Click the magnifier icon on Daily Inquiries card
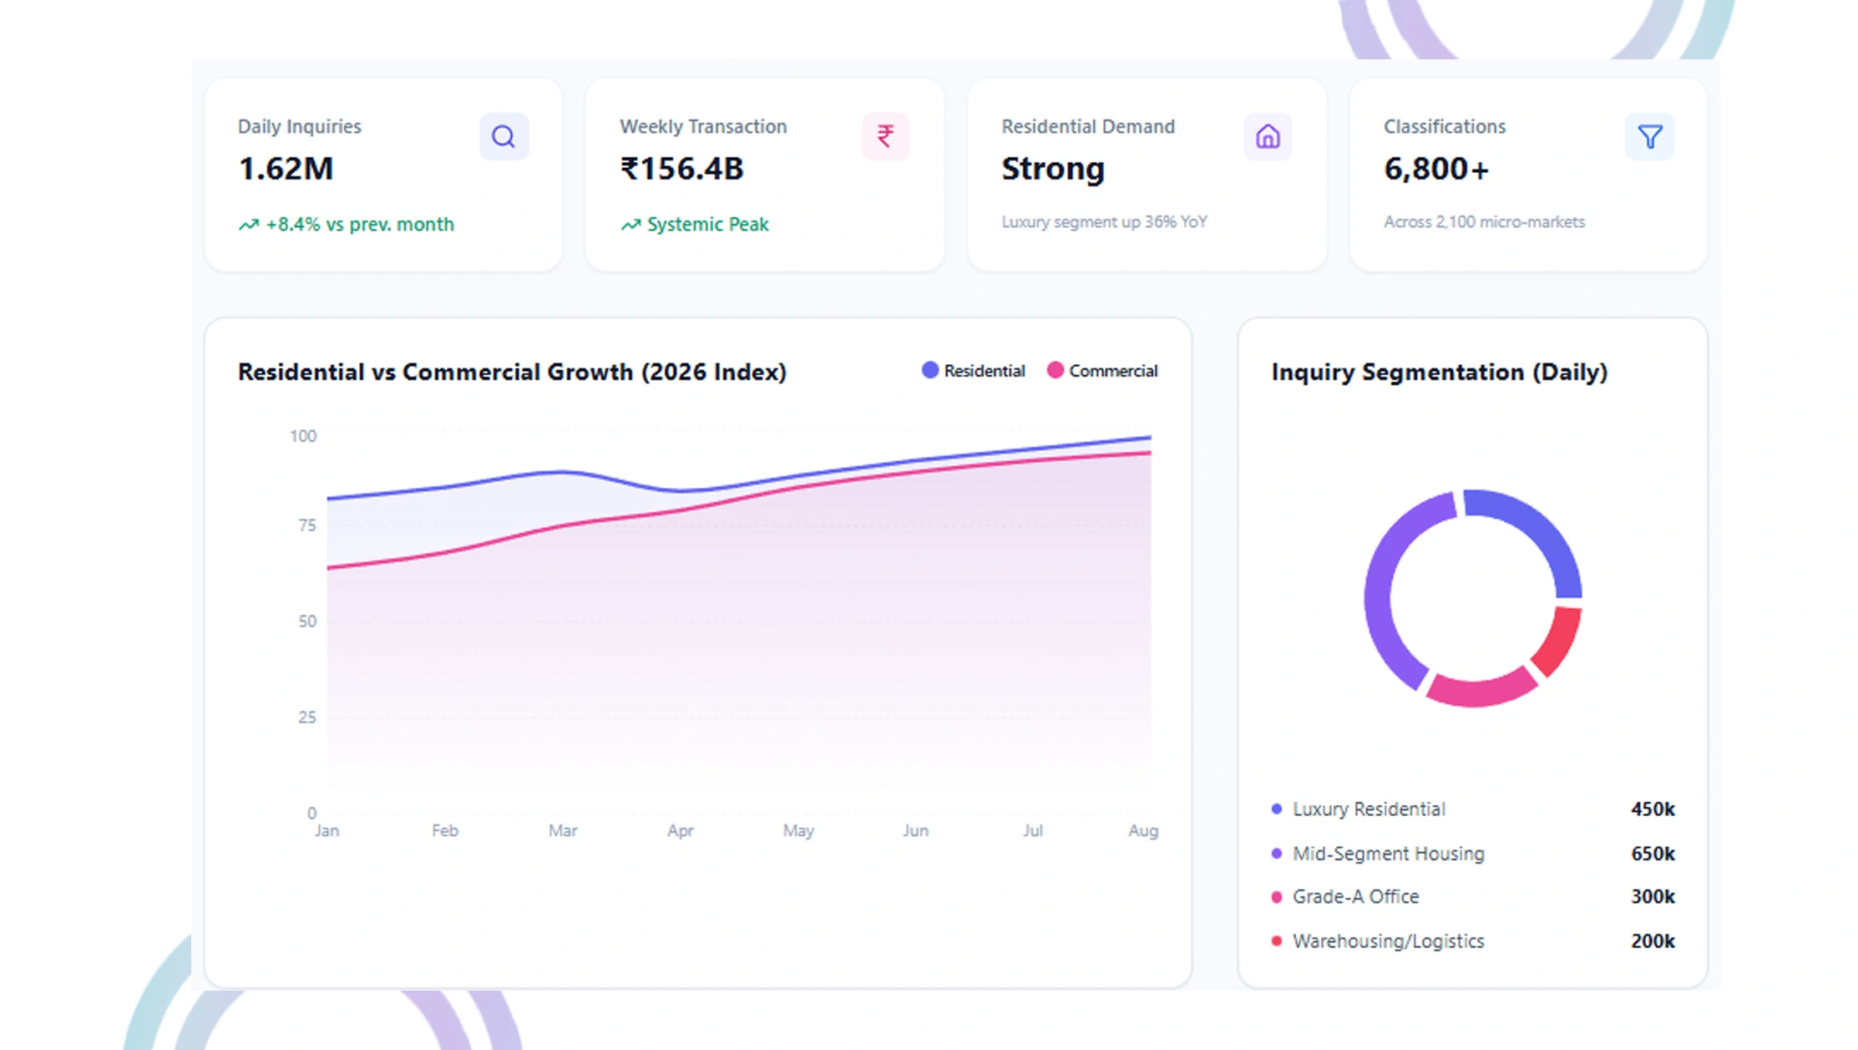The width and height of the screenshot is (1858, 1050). [504, 136]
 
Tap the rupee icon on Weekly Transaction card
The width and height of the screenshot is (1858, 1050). [885, 136]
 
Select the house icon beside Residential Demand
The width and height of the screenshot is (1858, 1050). [1268, 136]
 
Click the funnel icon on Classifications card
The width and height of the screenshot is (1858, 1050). [1649, 136]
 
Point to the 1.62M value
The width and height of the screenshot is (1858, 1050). [286, 169]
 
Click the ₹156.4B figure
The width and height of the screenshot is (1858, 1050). [681, 169]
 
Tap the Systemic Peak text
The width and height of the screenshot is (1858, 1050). [707, 225]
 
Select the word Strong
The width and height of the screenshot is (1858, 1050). [1052, 169]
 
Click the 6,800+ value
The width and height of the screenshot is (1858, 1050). [1436, 169]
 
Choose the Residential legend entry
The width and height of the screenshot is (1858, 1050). [975, 371]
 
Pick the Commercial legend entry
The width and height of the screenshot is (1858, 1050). [1103, 371]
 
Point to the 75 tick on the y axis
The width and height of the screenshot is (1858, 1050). [307, 525]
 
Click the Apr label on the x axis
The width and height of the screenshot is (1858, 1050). [680, 830]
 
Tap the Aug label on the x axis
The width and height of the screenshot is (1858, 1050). [1142, 830]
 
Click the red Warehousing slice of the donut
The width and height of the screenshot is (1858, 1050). [1559, 641]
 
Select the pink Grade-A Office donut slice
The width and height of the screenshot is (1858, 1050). [1481, 691]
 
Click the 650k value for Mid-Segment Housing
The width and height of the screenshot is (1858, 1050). [1652, 854]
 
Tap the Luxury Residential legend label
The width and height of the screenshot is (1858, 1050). [1368, 809]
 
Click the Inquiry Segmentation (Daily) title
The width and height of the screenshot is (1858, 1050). [1439, 372]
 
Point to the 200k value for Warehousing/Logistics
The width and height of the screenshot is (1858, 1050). [1652, 941]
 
